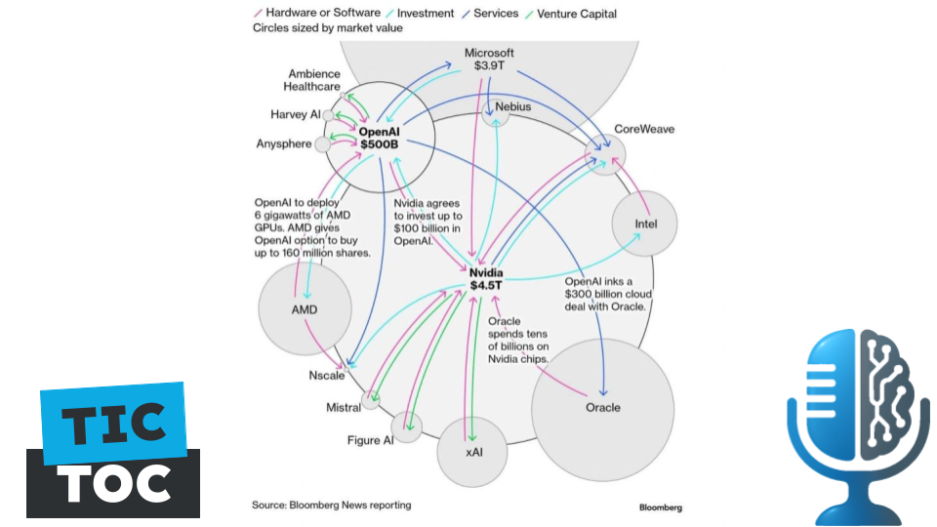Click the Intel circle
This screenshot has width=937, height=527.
[645, 223]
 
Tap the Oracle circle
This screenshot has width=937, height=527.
[602, 407]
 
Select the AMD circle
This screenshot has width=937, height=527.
[305, 310]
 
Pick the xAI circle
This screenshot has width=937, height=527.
[473, 452]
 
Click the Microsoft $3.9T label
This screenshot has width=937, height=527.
[489, 59]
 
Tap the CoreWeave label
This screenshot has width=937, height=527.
[644, 129]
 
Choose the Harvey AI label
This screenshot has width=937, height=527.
[295, 114]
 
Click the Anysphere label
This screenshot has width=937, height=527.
[284, 144]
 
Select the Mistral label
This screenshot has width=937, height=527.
[343, 408]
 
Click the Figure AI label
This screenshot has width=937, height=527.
[370, 440]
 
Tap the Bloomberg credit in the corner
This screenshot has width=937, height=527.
[661, 507]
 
